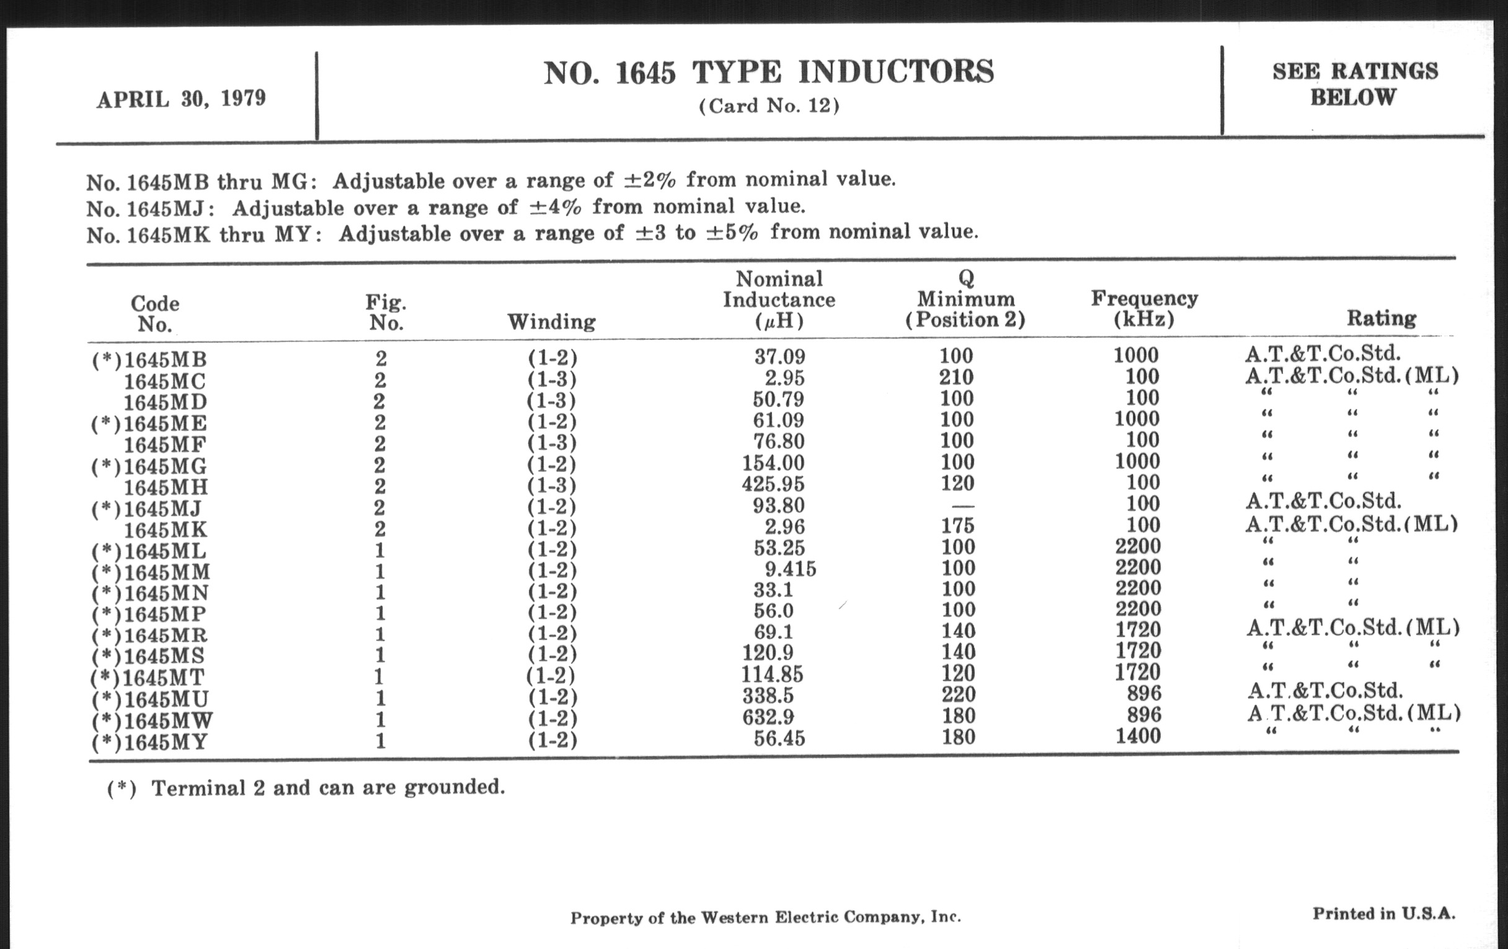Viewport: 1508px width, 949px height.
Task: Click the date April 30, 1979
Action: click(x=181, y=99)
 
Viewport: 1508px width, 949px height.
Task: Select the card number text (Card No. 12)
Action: click(x=768, y=106)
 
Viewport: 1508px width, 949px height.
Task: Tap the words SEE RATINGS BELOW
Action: click(x=1355, y=84)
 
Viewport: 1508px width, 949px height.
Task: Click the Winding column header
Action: click(x=551, y=322)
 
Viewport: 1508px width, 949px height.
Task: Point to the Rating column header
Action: click(x=1381, y=318)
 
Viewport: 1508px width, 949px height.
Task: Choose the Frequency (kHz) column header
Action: click(x=1144, y=308)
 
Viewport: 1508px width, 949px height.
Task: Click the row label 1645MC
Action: click(x=165, y=381)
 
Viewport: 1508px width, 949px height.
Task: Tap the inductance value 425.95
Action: click(x=773, y=484)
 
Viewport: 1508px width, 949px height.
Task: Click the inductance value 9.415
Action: click(x=791, y=569)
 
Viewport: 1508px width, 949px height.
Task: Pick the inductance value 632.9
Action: click(x=768, y=716)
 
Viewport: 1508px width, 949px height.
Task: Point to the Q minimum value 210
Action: click(x=956, y=377)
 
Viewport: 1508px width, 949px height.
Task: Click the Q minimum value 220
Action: click(x=958, y=694)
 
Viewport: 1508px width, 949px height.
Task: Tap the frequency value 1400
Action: click(x=1138, y=736)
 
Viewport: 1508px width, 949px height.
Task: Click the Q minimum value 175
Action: click(x=958, y=525)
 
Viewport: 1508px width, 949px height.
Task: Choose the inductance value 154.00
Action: click(x=773, y=463)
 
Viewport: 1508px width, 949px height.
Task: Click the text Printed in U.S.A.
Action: click(x=1383, y=914)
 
